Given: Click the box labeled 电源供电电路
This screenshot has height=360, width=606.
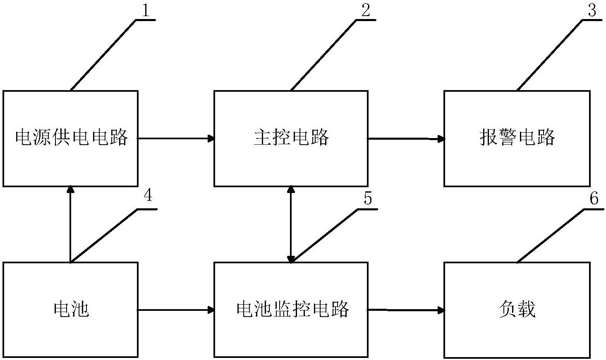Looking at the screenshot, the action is point(70,138).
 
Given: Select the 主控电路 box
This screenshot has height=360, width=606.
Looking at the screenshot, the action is point(291,138).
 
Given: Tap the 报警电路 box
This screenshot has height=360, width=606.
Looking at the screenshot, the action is point(517,138).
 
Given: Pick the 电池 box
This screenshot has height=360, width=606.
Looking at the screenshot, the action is point(70,310).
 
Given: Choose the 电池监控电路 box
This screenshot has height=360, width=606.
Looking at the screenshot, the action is point(291,310).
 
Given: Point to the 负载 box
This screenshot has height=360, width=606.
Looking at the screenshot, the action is point(517,310).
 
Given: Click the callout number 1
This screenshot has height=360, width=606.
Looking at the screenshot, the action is point(146,10).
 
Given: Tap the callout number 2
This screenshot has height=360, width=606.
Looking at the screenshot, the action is point(366,10).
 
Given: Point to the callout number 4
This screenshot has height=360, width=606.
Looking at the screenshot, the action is point(148,195).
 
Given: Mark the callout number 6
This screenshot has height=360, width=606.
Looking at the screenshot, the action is point(594,198).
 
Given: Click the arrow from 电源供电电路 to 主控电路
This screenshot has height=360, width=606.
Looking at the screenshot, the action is point(176,138).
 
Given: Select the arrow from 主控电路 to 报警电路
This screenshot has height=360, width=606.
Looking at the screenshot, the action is point(406,138).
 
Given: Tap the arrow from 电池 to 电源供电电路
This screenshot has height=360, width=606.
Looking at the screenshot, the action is point(70,224).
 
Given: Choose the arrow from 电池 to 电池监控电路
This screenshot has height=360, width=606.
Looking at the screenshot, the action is point(176,310).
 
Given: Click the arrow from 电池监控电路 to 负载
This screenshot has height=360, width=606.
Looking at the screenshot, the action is point(406,310).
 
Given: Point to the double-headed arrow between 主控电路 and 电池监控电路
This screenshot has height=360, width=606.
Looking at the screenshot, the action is point(291,224).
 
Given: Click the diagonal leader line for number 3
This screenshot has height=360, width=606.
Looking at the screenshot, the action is point(549,55).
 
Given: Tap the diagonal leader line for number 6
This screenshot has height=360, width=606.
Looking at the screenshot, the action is point(550,235).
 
